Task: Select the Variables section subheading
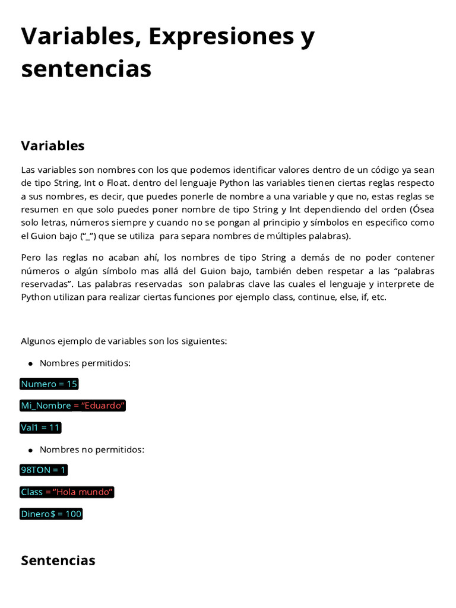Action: pos(53,145)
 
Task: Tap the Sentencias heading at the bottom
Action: pos(58,560)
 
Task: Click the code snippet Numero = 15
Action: pos(49,384)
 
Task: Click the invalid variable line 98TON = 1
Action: pos(44,470)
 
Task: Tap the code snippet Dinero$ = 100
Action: pos(51,514)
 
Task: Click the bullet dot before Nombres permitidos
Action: pos(30,363)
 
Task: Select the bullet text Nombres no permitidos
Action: pos(91,449)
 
